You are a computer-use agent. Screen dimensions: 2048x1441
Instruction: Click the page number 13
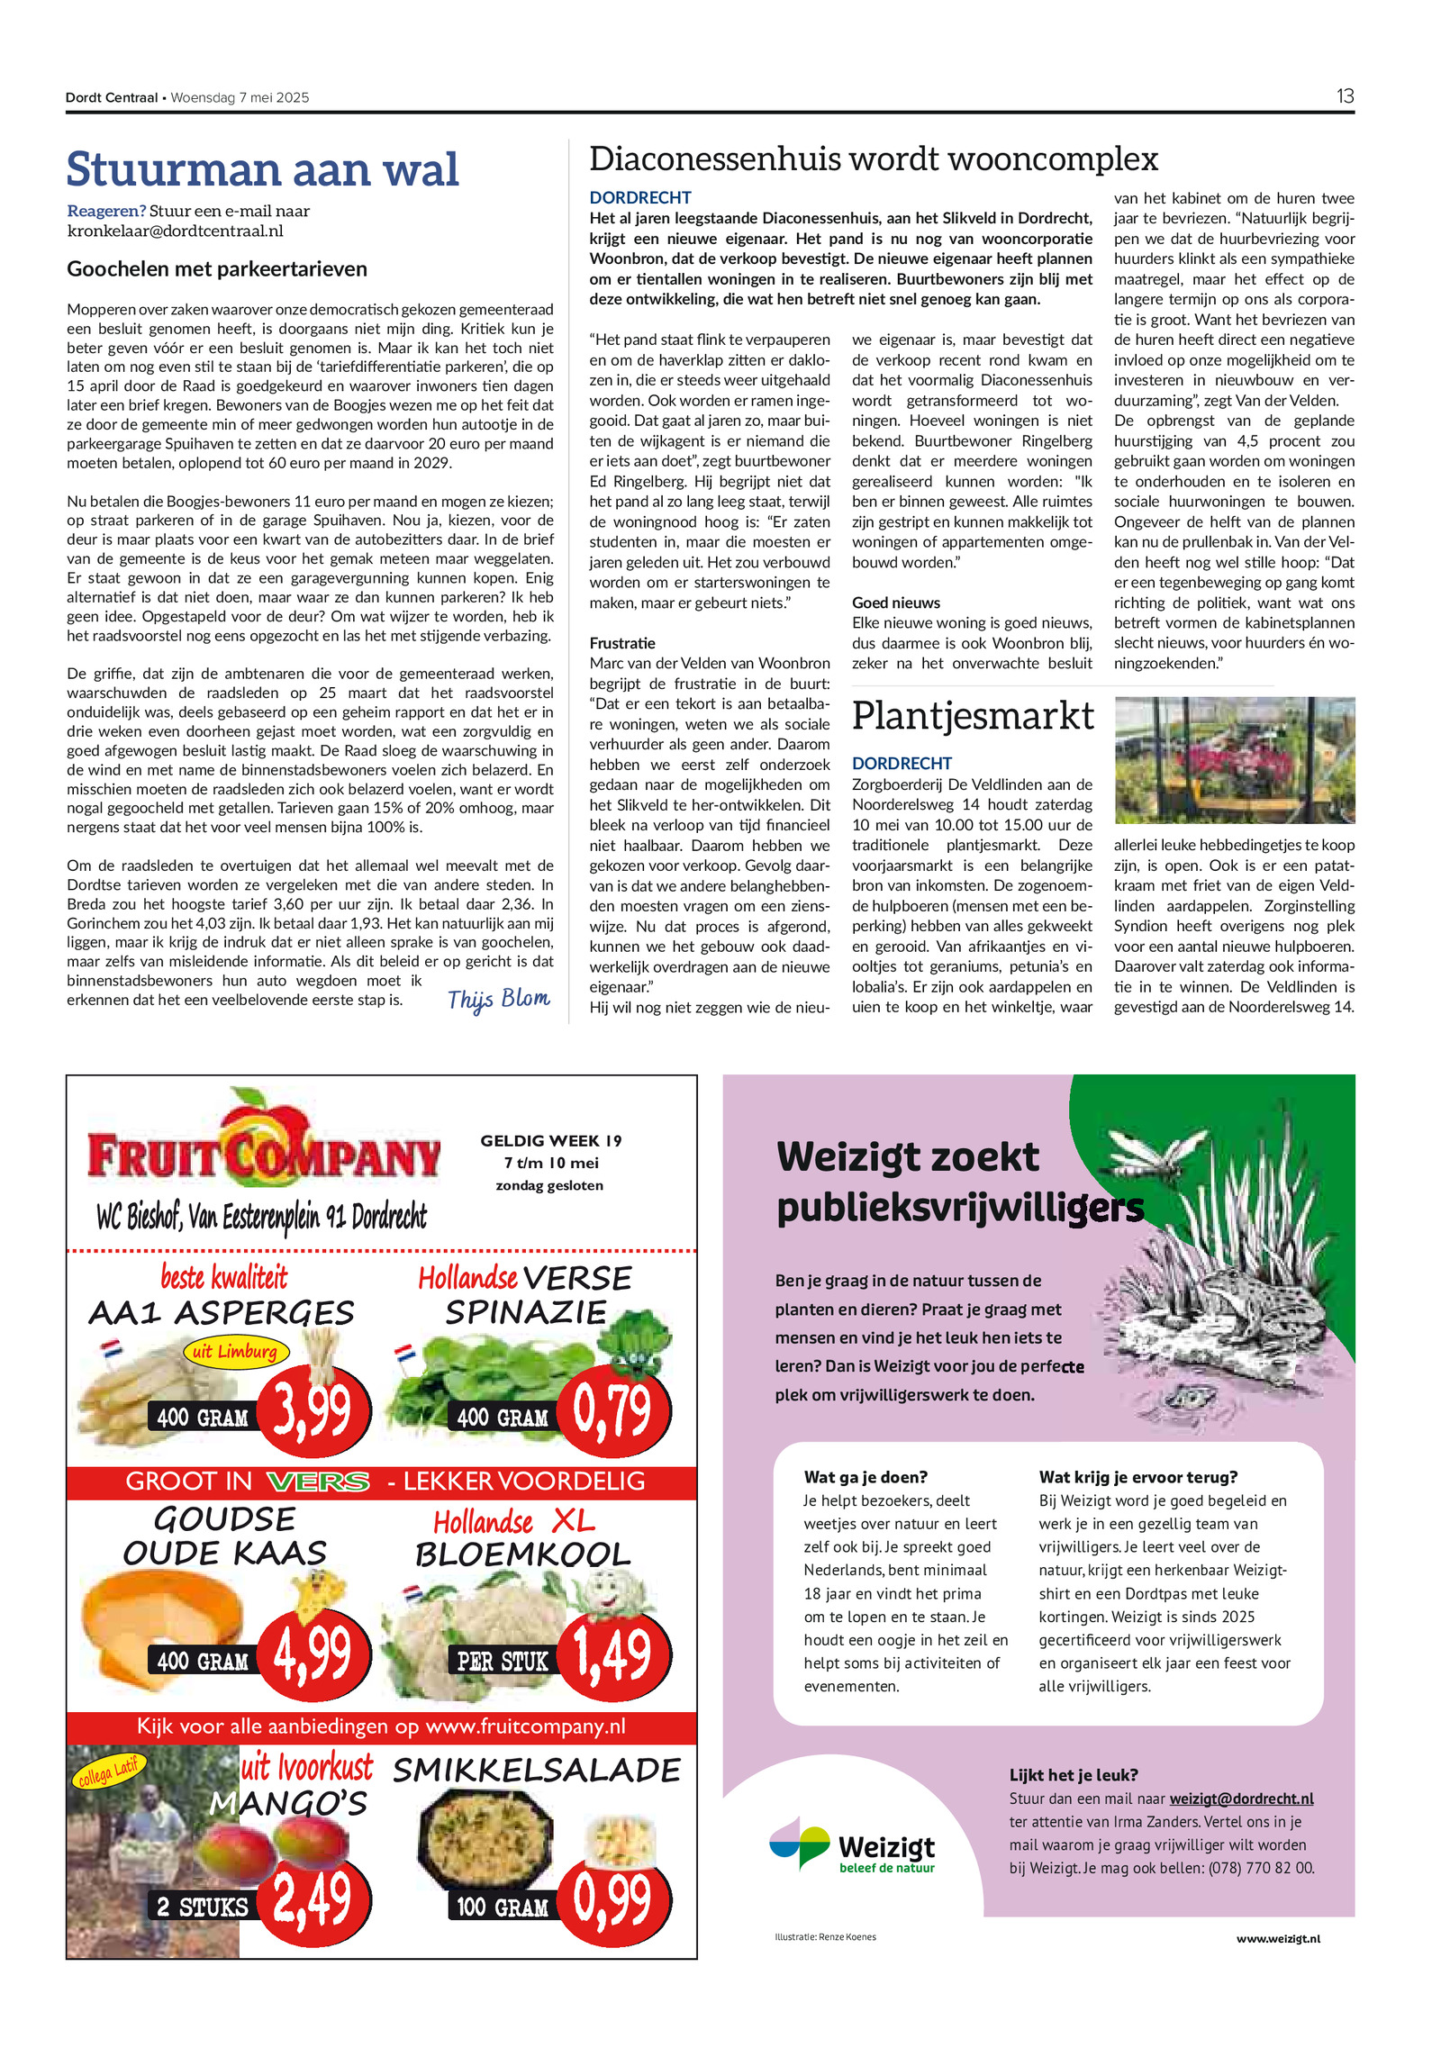click(1345, 96)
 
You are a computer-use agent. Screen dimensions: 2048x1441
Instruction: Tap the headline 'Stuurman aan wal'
click(263, 169)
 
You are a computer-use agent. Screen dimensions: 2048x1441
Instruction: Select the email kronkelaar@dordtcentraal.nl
click(176, 231)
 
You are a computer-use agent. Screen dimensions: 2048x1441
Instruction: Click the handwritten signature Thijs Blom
click(498, 999)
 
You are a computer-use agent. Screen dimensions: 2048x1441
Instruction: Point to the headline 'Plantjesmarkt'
click(973, 716)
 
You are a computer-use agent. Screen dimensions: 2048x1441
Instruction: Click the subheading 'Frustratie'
click(622, 643)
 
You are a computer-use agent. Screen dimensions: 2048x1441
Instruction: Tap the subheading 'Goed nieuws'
click(896, 603)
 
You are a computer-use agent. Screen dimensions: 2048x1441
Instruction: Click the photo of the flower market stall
click(1234, 759)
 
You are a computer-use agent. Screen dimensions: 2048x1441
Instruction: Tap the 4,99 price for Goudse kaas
click(313, 1654)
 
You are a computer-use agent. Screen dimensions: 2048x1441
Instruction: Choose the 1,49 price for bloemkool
click(612, 1654)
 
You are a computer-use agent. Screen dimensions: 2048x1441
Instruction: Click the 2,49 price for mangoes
click(313, 1898)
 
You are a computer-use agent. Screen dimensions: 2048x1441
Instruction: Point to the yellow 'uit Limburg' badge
click(235, 1351)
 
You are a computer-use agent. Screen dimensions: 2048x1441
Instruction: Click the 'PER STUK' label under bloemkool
click(502, 1661)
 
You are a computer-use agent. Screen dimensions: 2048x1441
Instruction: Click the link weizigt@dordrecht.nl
click(1241, 1798)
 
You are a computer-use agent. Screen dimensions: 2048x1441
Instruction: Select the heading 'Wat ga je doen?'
click(866, 1477)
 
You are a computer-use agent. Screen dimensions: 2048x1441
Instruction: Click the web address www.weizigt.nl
click(1278, 1938)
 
